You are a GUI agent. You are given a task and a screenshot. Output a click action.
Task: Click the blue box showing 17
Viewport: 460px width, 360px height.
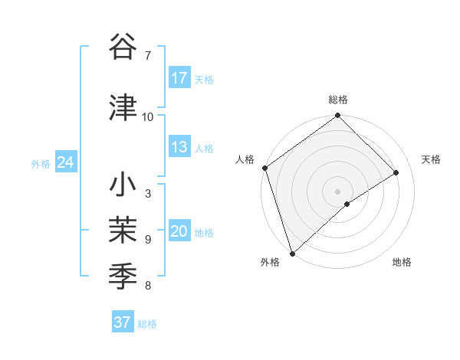[x=179, y=78]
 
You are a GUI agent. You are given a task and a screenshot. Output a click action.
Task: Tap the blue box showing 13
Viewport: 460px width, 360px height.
[x=179, y=147]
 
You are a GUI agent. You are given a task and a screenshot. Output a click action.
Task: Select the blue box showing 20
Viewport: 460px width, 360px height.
[x=179, y=232]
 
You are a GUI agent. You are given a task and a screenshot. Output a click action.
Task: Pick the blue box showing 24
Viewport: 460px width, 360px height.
[x=65, y=162]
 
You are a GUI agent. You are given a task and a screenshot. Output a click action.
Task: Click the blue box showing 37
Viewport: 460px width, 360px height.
[x=122, y=322]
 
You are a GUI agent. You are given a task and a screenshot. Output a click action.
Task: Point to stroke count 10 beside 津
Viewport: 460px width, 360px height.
[x=148, y=116]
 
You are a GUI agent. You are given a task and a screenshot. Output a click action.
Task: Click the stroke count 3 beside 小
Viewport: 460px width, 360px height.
[x=147, y=193]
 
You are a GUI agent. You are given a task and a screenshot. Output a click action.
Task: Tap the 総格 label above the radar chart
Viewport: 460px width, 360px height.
[x=337, y=100]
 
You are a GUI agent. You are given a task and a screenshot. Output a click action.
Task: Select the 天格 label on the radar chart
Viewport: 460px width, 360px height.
[x=431, y=159]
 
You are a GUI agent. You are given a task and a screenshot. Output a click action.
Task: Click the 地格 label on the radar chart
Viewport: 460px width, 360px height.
[x=402, y=263]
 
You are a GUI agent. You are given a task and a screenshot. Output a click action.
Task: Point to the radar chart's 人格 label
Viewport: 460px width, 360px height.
[x=245, y=159]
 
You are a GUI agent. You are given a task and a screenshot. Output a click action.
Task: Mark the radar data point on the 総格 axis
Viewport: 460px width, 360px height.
[x=337, y=116]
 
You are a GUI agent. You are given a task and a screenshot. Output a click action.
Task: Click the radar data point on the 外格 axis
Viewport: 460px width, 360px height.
[x=291, y=254]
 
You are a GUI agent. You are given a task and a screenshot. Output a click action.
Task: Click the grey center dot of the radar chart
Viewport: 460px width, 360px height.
[x=337, y=191]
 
